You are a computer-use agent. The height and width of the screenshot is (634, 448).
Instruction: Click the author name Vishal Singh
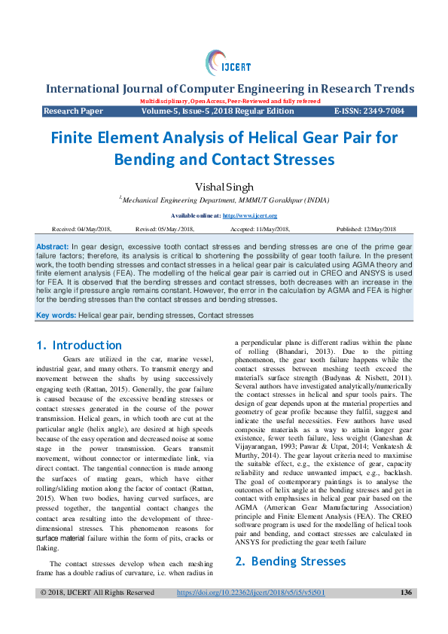(224, 186)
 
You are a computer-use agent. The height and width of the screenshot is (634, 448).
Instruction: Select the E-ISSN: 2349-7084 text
(369, 111)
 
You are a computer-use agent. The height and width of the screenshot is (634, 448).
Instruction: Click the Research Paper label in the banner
(73, 111)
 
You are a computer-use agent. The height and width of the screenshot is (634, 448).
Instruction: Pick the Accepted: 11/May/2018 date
(261, 229)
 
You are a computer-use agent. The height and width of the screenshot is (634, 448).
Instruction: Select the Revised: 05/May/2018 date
(165, 229)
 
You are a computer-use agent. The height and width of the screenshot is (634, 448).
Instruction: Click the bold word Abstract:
(53, 247)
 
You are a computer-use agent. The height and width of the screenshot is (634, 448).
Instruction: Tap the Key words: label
(56, 315)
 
